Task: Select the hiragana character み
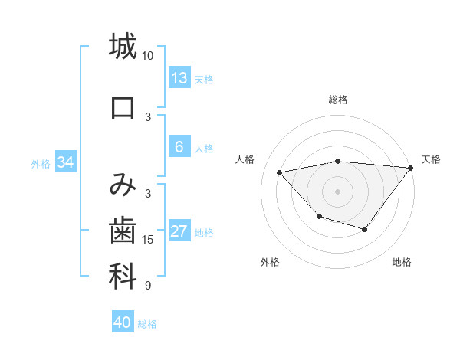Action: (x=123, y=184)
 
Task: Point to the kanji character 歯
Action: (x=123, y=231)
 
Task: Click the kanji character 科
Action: (x=123, y=277)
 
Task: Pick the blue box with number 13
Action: (x=179, y=78)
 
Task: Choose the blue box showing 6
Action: (x=179, y=148)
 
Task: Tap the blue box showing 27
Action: (x=179, y=232)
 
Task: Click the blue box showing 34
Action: (x=66, y=162)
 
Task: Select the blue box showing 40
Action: (x=122, y=322)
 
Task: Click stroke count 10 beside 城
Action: (x=148, y=56)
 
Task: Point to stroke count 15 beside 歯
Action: (x=148, y=240)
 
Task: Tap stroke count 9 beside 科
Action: (x=148, y=286)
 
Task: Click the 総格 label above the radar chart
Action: (x=338, y=100)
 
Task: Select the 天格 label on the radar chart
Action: (x=431, y=159)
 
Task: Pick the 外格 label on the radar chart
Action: (x=269, y=262)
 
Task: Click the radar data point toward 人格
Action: (x=280, y=172)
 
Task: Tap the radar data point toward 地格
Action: (x=365, y=229)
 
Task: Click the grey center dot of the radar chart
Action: (x=337, y=191)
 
